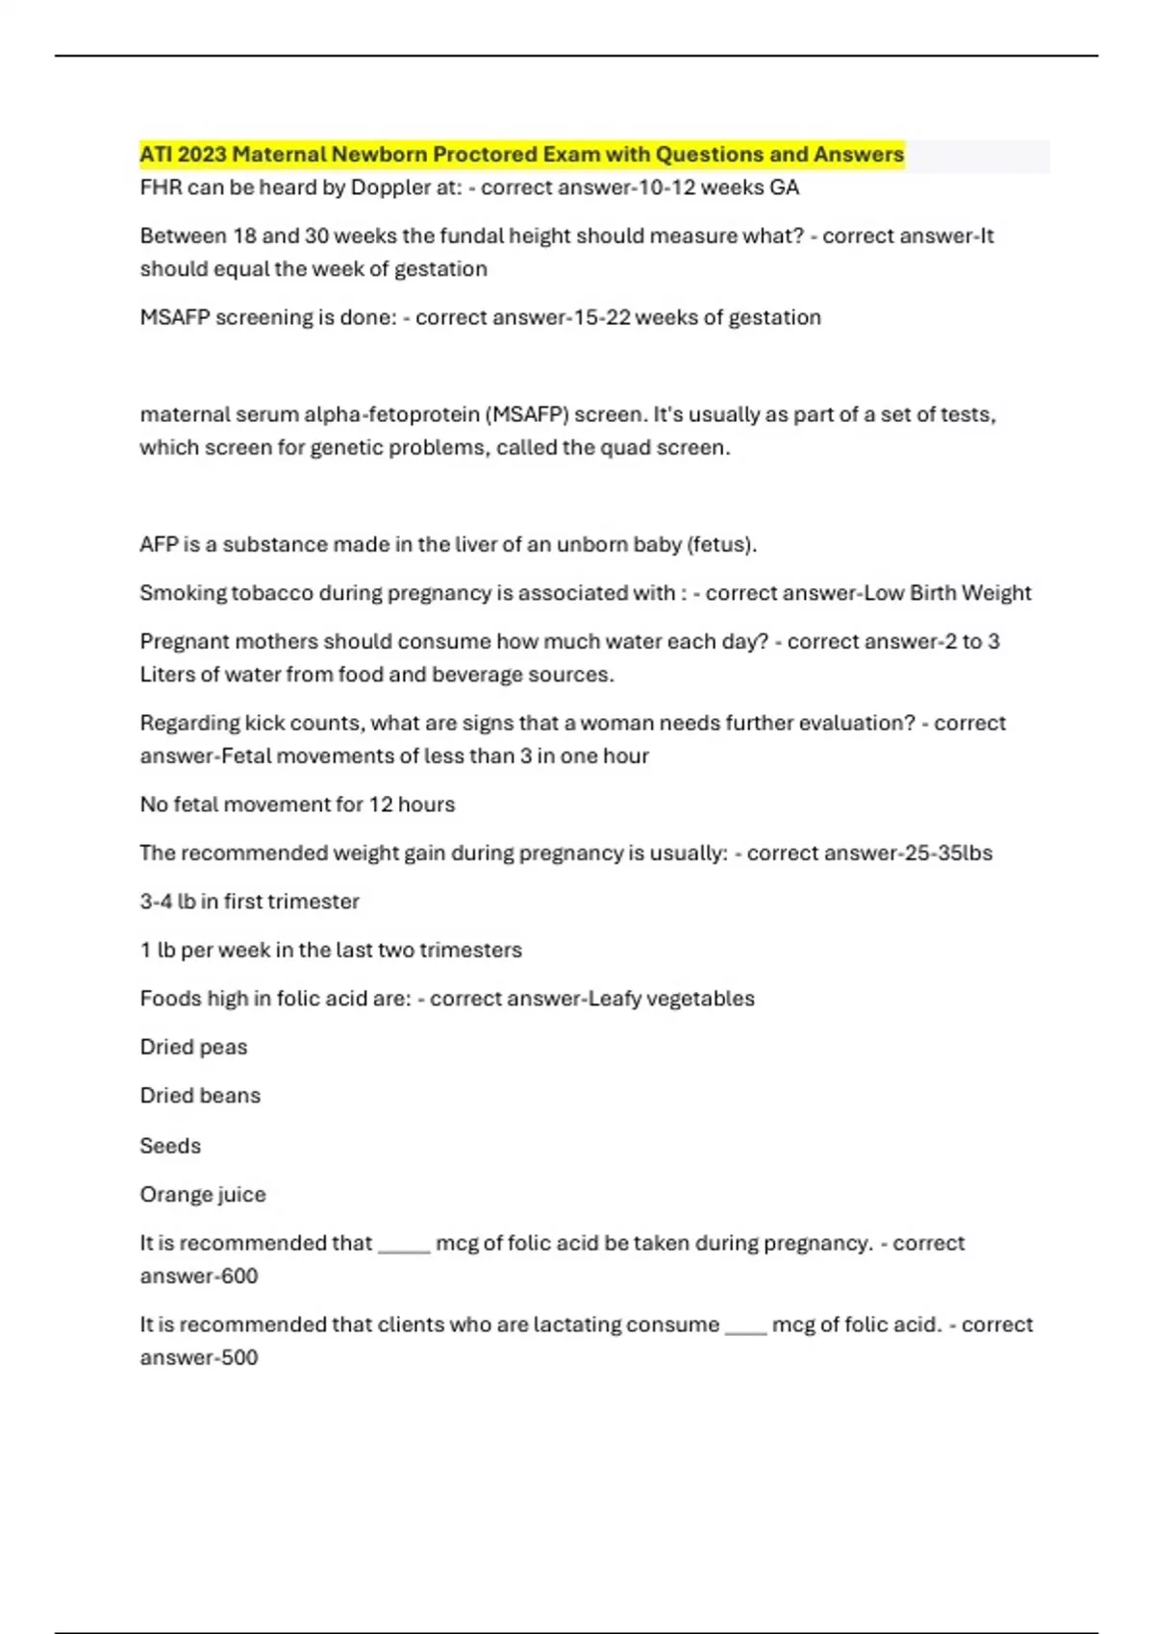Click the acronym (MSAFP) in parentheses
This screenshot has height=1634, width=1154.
tap(527, 414)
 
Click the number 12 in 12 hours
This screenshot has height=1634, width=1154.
tap(381, 805)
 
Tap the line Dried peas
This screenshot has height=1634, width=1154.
tap(193, 1047)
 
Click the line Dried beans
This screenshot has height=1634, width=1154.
tap(200, 1096)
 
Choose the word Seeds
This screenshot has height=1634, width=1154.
tap(170, 1146)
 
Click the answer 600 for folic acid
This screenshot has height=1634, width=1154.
tap(239, 1276)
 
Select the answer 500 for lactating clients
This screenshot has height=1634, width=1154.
tap(239, 1358)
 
